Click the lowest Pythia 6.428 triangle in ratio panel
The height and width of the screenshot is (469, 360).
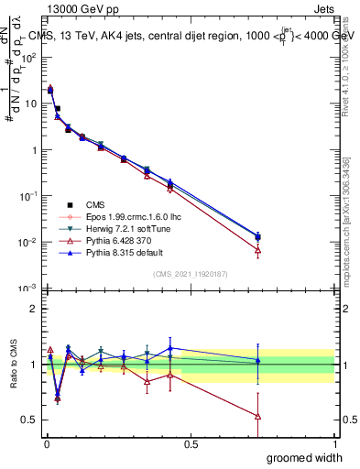point(257,416)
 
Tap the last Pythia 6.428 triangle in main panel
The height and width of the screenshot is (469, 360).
point(257,249)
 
